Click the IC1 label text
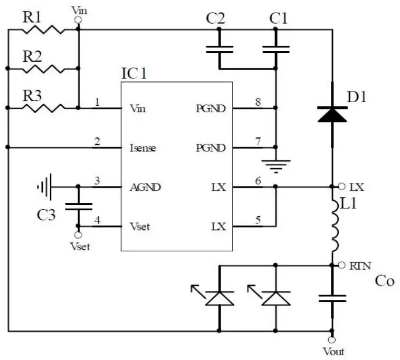click(x=134, y=74)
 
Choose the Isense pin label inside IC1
click(x=143, y=147)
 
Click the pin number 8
click(x=258, y=102)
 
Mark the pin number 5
click(x=258, y=220)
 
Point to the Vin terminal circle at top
click(x=78, y=20)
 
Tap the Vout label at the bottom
click(x=333, y=351)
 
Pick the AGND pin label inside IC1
click(x=144, y=187)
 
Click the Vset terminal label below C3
click(x=80, y=246)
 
